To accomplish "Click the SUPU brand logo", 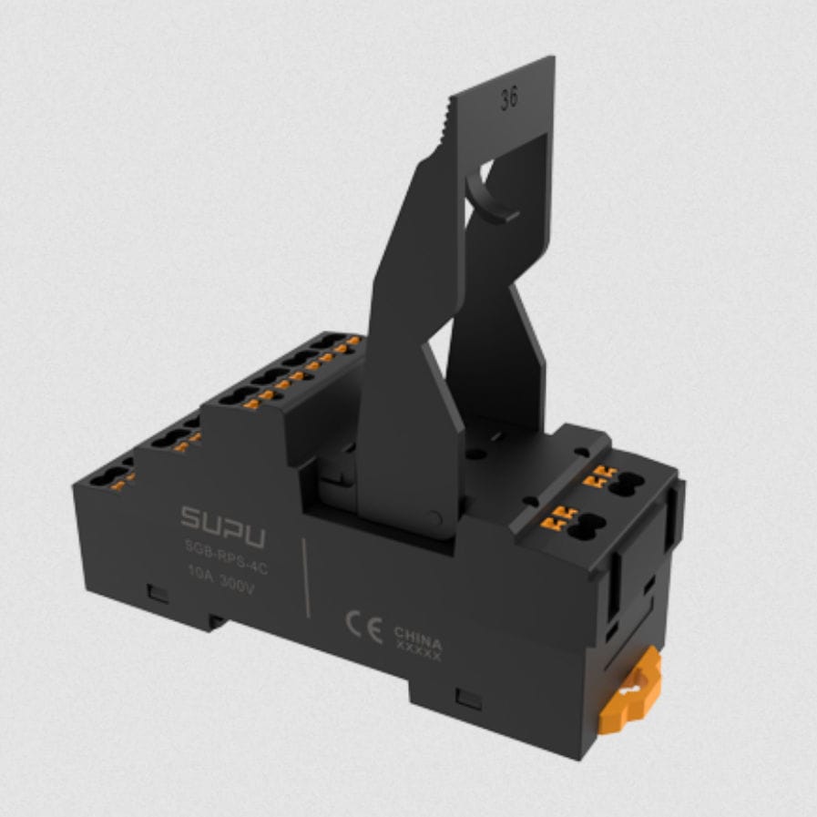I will [222, 526].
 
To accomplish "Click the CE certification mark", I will [363, 627].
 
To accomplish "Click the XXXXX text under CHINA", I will [418, 652].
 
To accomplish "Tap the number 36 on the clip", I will [508, 99].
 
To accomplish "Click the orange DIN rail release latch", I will [630, 692].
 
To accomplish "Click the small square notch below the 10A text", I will [158, 594].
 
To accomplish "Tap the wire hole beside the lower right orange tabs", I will [583, 526].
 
